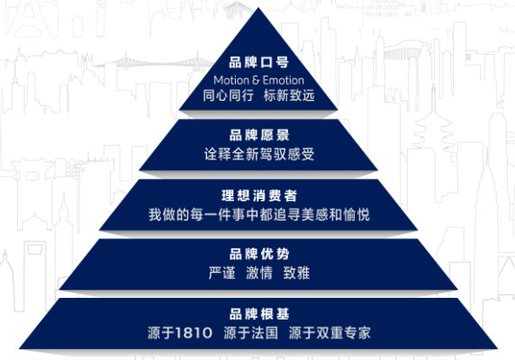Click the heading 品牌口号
tap(258, 62)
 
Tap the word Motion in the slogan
tap(231, 80)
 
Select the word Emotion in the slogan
tap(283, 80)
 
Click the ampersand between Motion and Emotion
tap(256, 80)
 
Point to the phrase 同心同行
tap(229, 95)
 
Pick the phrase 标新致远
tap(289, 95)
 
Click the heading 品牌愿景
tap(259, 135)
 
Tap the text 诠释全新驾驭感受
tap(259, 154)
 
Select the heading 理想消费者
tap(259, 196)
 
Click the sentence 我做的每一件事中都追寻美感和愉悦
tap(259, 215)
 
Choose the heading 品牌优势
tap(259, 254)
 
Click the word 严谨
tap(222, 273)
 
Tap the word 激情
tap(259, 273)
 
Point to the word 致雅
tap(296, 273)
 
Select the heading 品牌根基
tap(259, 314)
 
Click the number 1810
tap(194, 333)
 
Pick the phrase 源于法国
tap(250, 333)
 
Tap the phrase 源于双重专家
tap(330, 333)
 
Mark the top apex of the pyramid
tap(258, 8)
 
